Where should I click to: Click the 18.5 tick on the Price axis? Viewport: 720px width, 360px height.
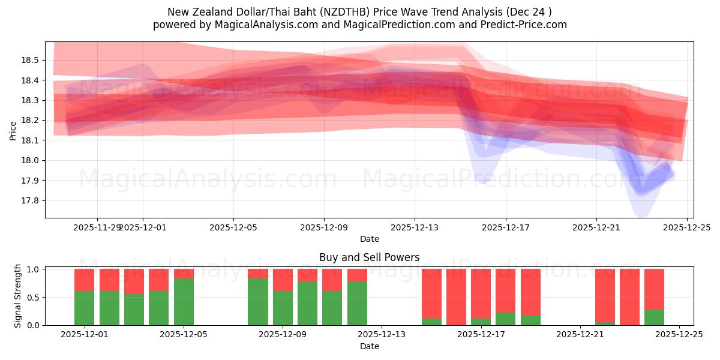(x=30, y=60)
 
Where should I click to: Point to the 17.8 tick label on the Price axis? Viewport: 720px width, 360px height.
(x=30, y=200)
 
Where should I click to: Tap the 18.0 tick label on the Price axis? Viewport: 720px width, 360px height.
(x=30, y=160)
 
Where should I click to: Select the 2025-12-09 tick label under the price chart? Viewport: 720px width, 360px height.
(x=324, y=227)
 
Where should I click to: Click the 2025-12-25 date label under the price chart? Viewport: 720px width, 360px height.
(x=687, y=227)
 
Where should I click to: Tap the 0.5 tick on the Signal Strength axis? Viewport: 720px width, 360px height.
(x=33, y=297)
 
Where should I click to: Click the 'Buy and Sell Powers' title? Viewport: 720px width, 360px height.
(x=369, y=257)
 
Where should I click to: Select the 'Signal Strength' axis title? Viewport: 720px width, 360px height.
(x=18, y=296)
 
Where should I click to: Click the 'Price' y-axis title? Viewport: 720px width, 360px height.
(x=13, y=130)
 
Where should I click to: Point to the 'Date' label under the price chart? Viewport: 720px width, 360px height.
(x=369, y=239)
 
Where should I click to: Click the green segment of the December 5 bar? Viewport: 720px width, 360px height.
(x=184, y=302)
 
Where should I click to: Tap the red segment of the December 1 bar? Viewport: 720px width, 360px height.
(x=84, y=280)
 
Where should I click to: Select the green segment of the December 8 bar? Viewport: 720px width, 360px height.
(x=258, y=302)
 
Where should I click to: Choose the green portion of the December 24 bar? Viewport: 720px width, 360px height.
(x=654, y=317)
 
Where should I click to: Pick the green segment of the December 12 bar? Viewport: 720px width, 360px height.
(x=357, y=303)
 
